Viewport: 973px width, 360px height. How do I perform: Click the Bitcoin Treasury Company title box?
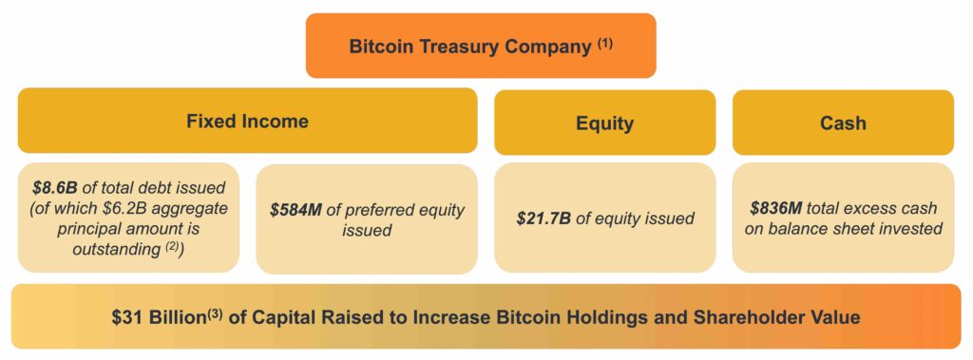pyautogui.click(x=481, y=46)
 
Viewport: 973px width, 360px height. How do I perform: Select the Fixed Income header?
pyautogui.click(x=248, y=121)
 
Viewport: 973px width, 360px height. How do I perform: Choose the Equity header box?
pyautogui.click(x=605, y=123)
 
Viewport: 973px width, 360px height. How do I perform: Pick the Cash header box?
pyautogui.click(x=844, y=123)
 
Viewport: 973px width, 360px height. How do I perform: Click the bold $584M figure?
pyautogui.click(x=296, y=211)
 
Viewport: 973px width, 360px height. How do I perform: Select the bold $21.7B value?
pyautogui.click(x=544, y=219)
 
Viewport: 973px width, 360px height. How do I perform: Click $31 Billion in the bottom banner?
pyautogui.click(x=159, y=318)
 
